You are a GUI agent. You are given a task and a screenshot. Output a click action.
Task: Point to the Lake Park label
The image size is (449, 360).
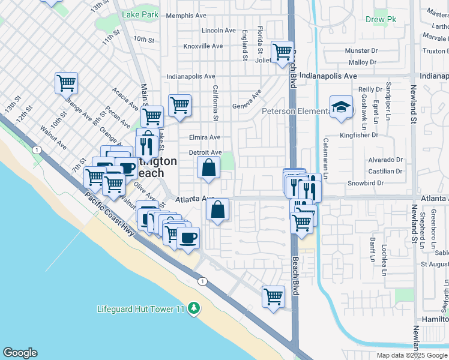pyautogui.click(x=139, y=14)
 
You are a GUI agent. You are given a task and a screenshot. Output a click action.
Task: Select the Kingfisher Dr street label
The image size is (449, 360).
pyautogui.click(x=378, y=136)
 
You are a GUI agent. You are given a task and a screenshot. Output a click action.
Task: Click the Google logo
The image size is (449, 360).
pyautogui.click(x=20, y=353)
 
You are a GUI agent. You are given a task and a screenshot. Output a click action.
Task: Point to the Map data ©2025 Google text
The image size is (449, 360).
pyautogui.click(x=412, y=355)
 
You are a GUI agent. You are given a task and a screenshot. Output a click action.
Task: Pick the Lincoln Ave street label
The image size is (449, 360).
pyautogui.click(x=218, y=30)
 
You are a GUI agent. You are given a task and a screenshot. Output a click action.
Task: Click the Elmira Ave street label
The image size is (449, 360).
pyautogui.click(x=205, y=137)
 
